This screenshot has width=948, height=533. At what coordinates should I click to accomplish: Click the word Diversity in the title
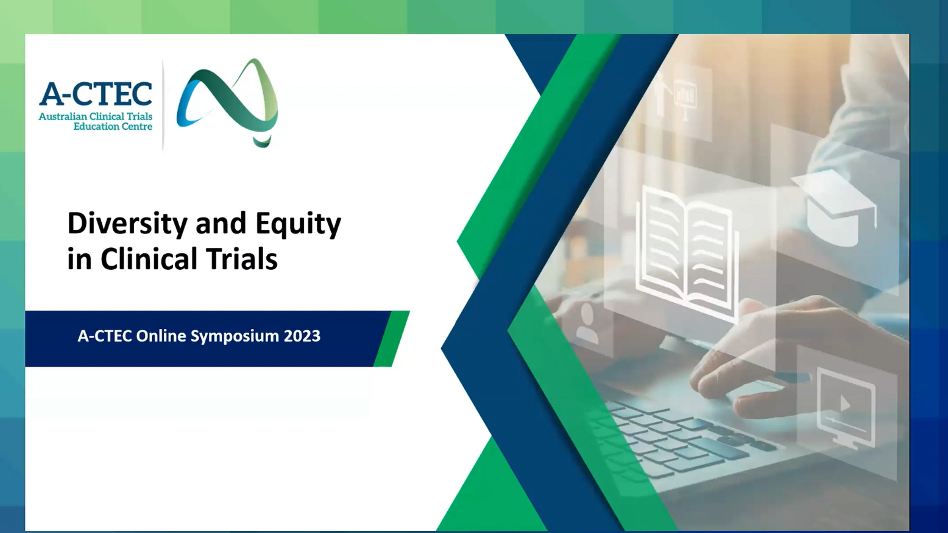(127, 224)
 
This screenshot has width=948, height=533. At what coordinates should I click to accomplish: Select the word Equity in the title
(299, 224)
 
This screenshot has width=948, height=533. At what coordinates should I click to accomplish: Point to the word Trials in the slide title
(242, 258)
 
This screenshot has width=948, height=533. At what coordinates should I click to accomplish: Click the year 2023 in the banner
(302, 336)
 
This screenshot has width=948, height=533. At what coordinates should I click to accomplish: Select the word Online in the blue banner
(161, 336)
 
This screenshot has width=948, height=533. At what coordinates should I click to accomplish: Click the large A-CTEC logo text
(96, 94)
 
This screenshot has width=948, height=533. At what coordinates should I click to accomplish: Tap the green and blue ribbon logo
(227, 103)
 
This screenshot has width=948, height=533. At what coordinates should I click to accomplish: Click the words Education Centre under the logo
(113, 127)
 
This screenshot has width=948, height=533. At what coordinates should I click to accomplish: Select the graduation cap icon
(833, 207)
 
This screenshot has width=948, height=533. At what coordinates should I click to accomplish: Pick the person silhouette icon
(587, 323)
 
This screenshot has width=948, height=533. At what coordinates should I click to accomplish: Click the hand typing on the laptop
(757, 359)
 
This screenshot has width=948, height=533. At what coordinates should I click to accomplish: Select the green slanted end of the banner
(392, 339)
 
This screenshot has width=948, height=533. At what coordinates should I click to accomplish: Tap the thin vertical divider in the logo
(163, 105)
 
